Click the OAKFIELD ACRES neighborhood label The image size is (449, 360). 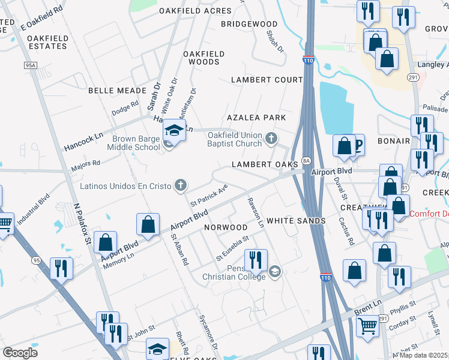click(195, 11)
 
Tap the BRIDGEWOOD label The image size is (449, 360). click(249, 24)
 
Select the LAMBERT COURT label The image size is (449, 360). click(267, 80)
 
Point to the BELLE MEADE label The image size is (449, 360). click(117, 91)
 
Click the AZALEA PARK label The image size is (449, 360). click(255, 118)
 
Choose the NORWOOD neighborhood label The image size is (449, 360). click(226, 228)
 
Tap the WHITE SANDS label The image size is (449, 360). click(296, 221)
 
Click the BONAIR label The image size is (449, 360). click(394, 141)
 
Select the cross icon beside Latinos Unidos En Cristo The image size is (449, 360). click(180, 185)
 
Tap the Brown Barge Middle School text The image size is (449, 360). click(134, 142)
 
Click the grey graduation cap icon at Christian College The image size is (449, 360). click(275, 272)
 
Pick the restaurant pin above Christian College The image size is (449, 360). click(256, 259)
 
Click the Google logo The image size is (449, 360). click(20, 353)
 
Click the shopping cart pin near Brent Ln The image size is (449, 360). click(367, 327)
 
